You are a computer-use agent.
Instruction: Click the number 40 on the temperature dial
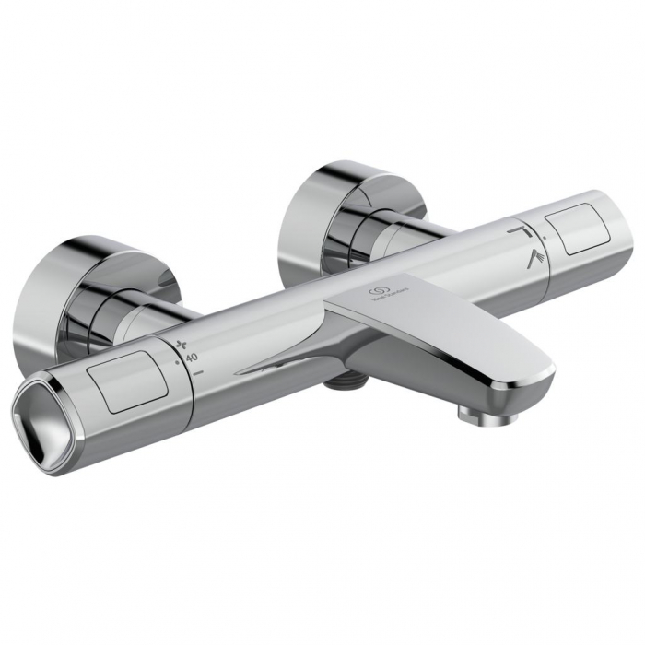tap(193, 356)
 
